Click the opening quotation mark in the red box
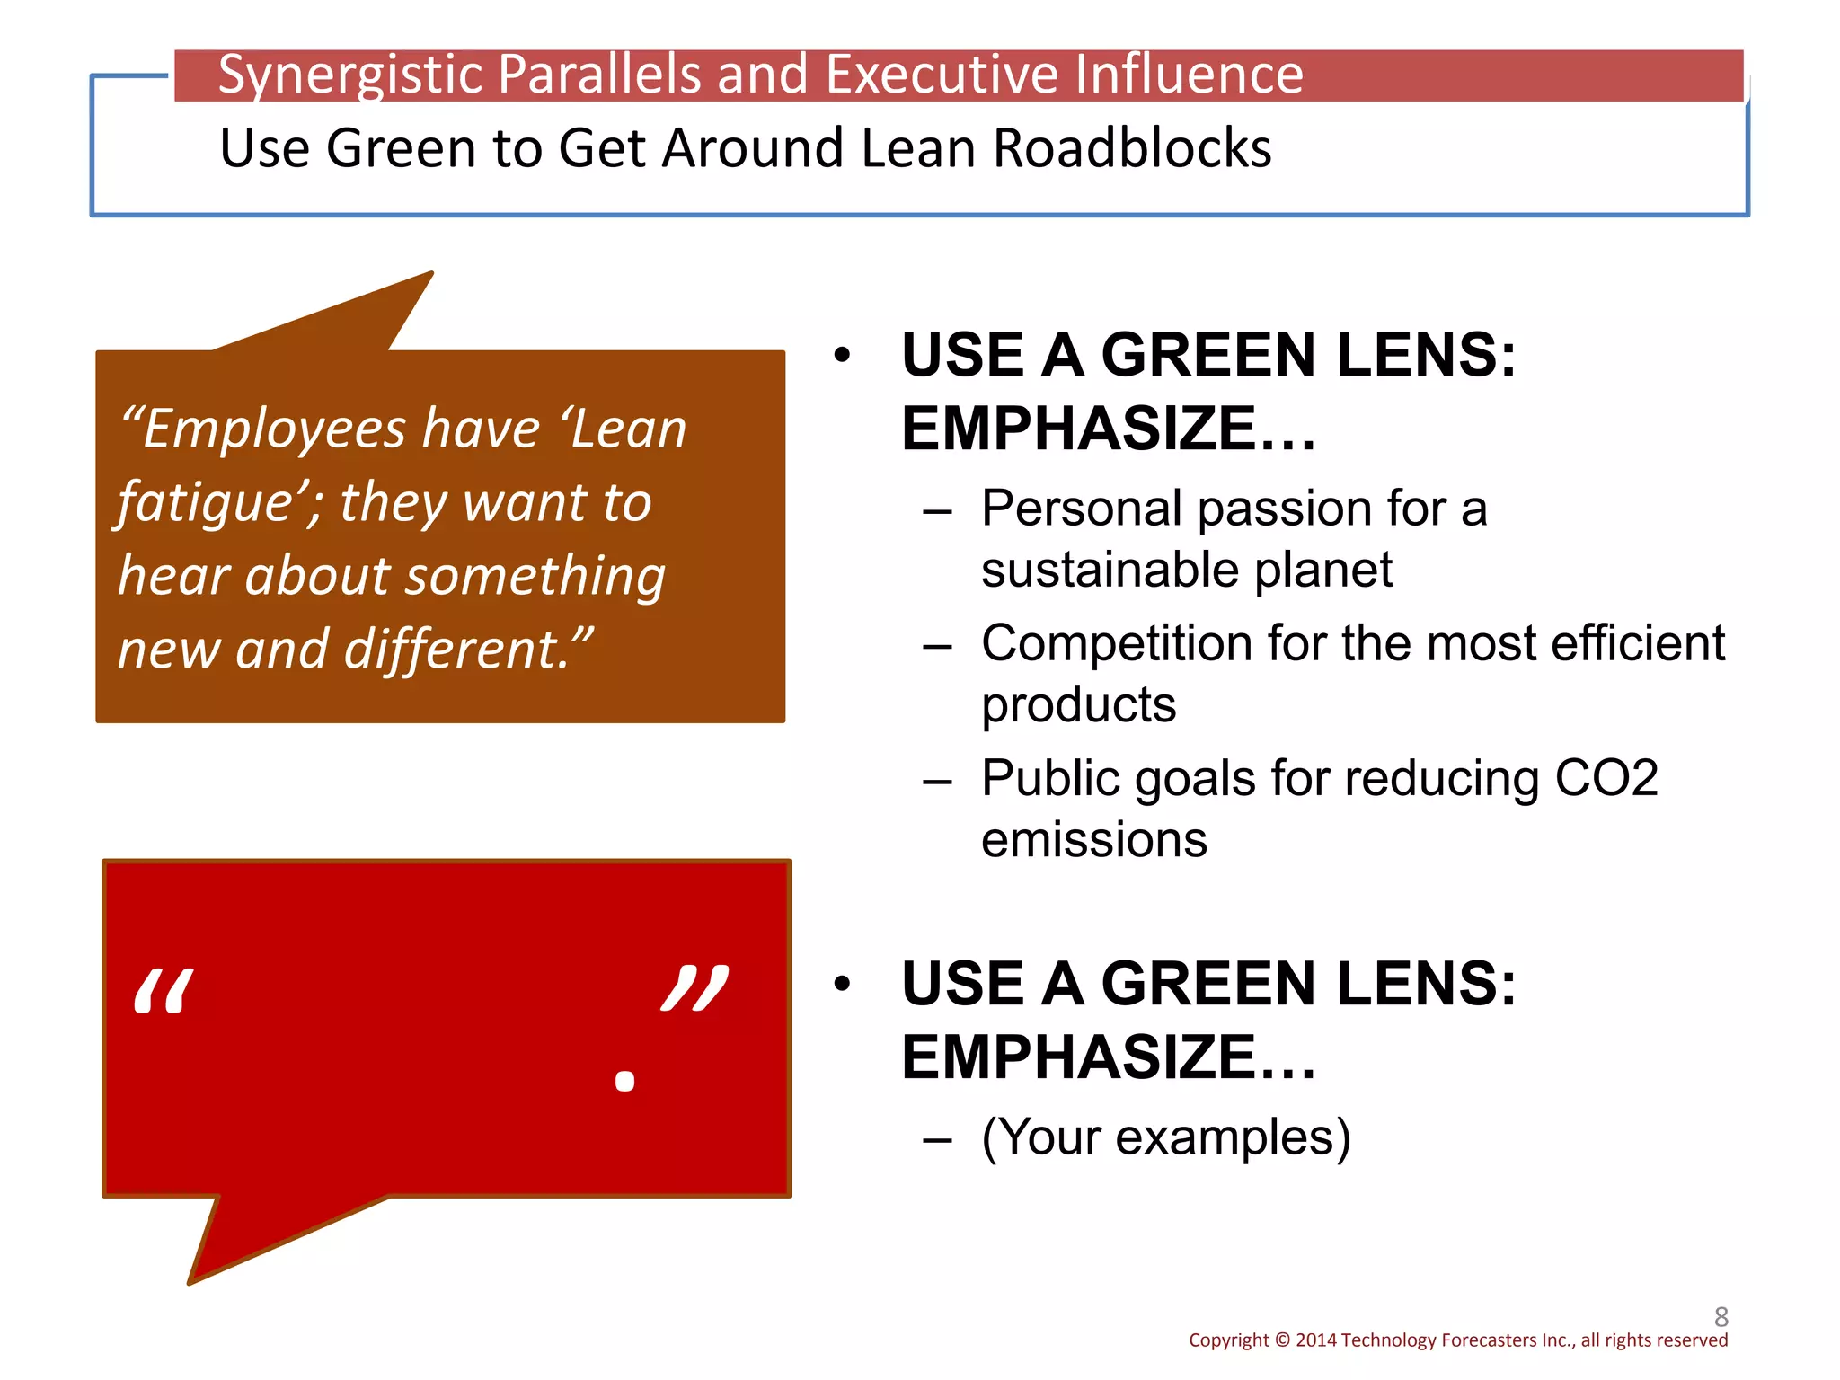tap(163, 992)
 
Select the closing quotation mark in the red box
tap(694, 988)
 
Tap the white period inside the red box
tap(624, 1080)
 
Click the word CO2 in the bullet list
tap(1606, 778)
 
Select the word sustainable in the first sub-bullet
tap(1110, 571)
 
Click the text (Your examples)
tap(1166, 1137)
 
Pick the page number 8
tap(1721, 1316)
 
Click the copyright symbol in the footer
tap(1282, 1340)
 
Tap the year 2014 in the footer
tap(1316, 1340)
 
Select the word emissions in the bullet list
tap(1094, 840)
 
